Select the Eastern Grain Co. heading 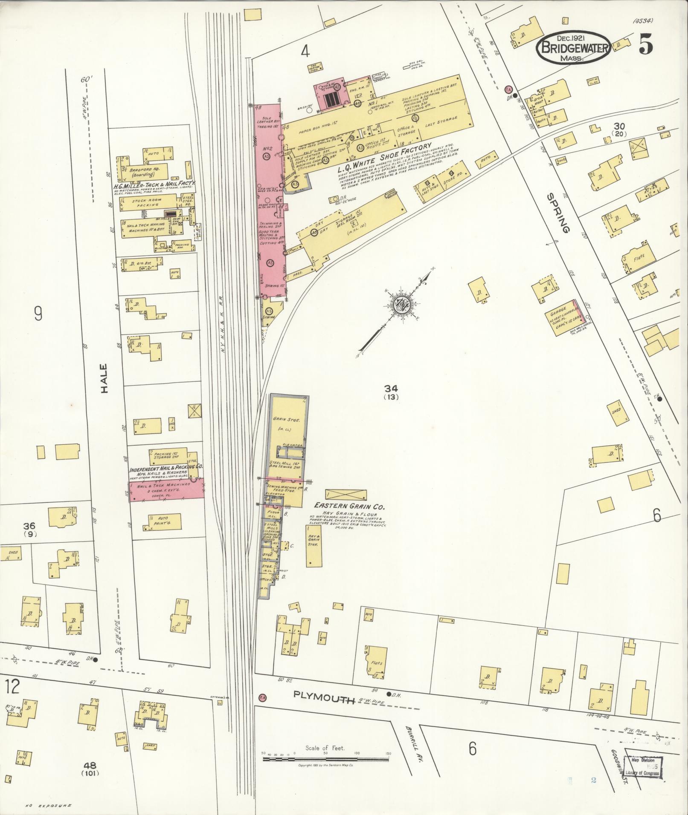click(x=349, y=507)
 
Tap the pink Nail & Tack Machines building click(x=166, y=489)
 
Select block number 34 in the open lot click(x=391, y=388)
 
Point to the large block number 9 click(x=38, y=314)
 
